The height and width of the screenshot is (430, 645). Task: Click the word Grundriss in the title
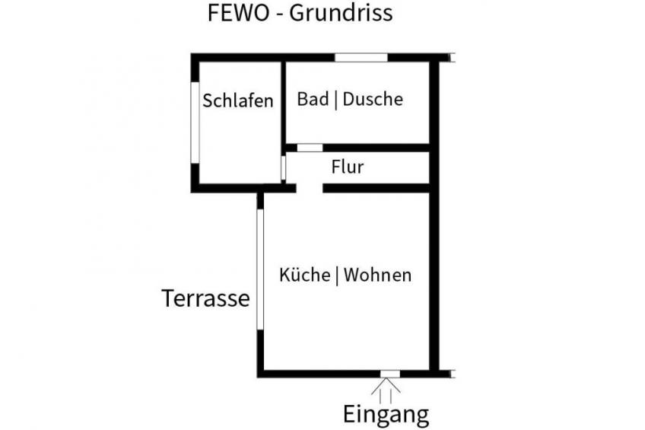(x=341, y=14)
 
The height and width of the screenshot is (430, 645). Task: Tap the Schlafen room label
(x=238, y=100)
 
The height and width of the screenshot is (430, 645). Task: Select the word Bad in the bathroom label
(x=313, y=99)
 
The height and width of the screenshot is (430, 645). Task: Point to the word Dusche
(x=373, y=99)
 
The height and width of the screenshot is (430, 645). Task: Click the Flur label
(x=348, y=167)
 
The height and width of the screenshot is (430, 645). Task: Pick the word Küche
(x=304, y=275)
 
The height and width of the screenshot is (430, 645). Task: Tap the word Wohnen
(x=377, y=276)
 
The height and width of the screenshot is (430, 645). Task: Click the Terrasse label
(x=205, y=298)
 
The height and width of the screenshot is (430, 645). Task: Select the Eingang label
(x=386, y=415)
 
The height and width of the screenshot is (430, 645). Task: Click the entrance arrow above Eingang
(x=386, y=390)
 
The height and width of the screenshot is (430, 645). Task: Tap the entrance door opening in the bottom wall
(x=390, y=374)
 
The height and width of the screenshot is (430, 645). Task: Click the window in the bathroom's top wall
(x=361, y=58)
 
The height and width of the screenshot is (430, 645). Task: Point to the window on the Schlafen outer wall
(x=195, y=123)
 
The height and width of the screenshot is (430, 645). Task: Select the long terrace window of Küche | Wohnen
(x=260, y=269)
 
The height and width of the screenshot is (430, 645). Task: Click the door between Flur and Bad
(x=310, y=148)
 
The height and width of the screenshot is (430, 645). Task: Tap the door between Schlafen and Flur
(x=283, y=168)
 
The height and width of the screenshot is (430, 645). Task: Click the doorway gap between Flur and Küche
(x=310, y=188)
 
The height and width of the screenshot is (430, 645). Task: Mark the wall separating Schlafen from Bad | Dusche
(x=284, y=103)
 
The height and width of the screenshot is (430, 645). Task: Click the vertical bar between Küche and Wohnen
(x=337, y=276)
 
